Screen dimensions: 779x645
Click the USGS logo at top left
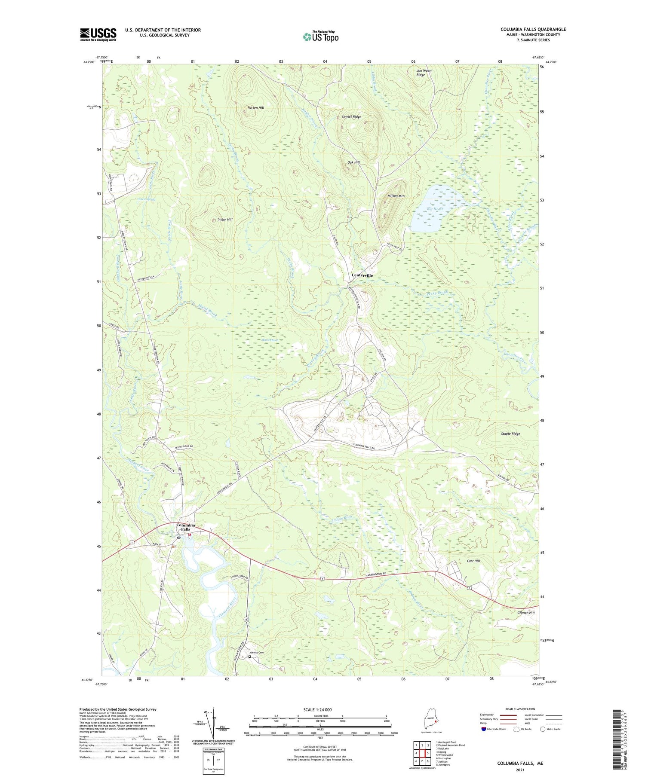click(98, 34)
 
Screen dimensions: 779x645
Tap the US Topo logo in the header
click(321, 37)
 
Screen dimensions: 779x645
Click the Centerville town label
click(362, 275)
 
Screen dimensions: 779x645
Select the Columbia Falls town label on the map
click(186, 527)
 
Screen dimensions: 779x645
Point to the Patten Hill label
click(256, 107)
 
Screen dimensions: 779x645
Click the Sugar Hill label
click(225, 220)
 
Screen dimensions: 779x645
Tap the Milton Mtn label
click(396, 196)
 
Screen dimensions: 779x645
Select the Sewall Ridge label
click(351, 117)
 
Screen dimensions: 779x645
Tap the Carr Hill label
click(473, 561)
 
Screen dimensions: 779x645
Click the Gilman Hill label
click(526, 613)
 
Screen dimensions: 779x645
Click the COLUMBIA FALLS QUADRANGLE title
click(533, 29)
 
